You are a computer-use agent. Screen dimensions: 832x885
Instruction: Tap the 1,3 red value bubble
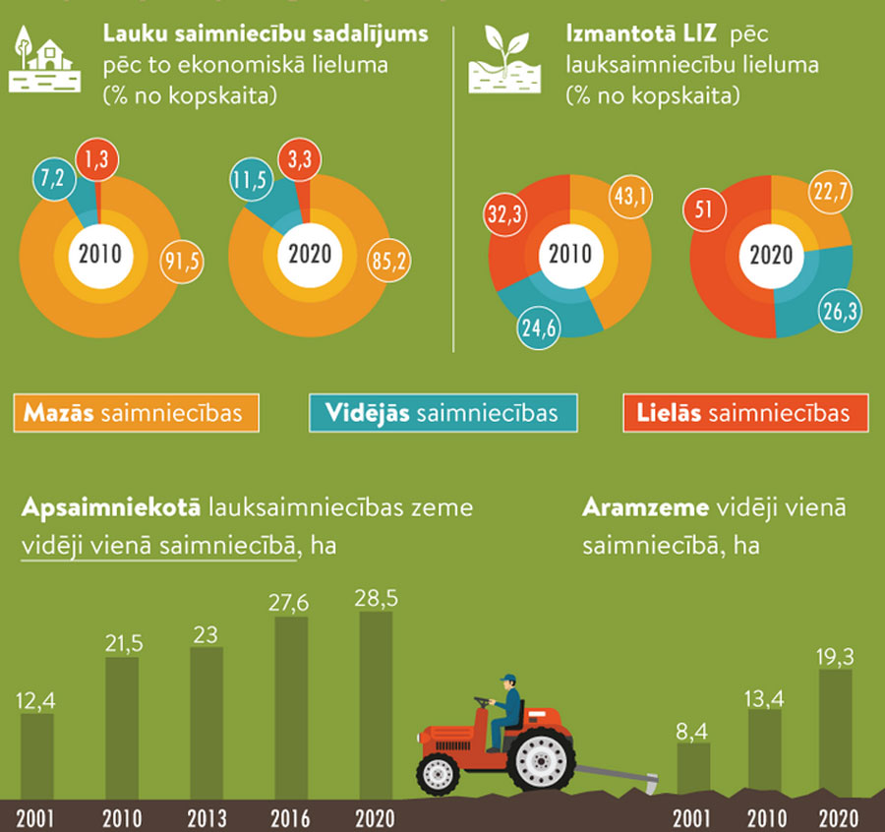97,159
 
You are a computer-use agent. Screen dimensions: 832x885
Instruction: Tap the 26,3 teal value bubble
839,312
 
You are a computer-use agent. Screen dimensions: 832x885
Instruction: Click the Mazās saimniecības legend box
137,413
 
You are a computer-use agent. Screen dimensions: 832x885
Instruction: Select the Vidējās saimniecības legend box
444,413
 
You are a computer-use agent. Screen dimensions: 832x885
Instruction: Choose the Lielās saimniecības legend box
748,413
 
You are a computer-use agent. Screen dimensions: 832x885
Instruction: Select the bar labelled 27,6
290,707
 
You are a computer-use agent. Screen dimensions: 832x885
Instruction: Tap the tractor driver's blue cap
507,679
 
